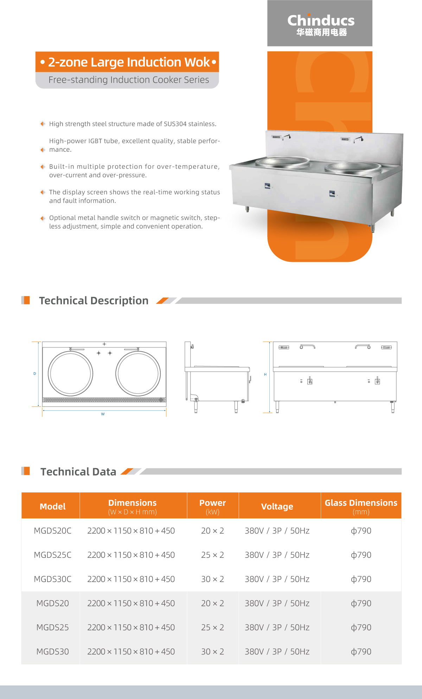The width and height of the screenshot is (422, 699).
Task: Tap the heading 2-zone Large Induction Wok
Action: [x=128, y=62]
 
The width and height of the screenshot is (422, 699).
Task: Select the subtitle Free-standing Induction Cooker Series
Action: [x=128, y=80]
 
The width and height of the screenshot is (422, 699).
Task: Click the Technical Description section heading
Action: [x=94, y=301]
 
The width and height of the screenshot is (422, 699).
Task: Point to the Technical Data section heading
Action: [x=78, y=472]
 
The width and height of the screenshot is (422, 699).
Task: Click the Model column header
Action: [x=52, y=506]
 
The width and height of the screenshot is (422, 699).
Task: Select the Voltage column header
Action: [x=277, y=506]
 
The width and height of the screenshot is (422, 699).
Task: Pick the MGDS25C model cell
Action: [x=52, y=555]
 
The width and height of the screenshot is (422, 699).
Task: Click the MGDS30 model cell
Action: [x=52, y=652]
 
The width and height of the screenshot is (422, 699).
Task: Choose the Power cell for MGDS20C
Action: [x=212, y=531]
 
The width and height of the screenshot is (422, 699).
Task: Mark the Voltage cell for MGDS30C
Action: [x=277, y=579]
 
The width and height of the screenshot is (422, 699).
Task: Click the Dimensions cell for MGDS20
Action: [x=131, y=603]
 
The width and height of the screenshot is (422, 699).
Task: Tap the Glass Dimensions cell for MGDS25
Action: [x=361, y=628]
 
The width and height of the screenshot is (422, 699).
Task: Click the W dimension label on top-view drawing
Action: [x=103, y=414]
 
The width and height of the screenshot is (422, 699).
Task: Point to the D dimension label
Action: [x=34, y=374]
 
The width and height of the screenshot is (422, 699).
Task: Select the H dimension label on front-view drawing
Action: [x=265, y=374]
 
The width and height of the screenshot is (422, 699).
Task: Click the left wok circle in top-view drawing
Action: [x=70, y=373]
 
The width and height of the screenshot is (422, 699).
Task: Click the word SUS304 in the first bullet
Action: [x=175, y=124]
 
